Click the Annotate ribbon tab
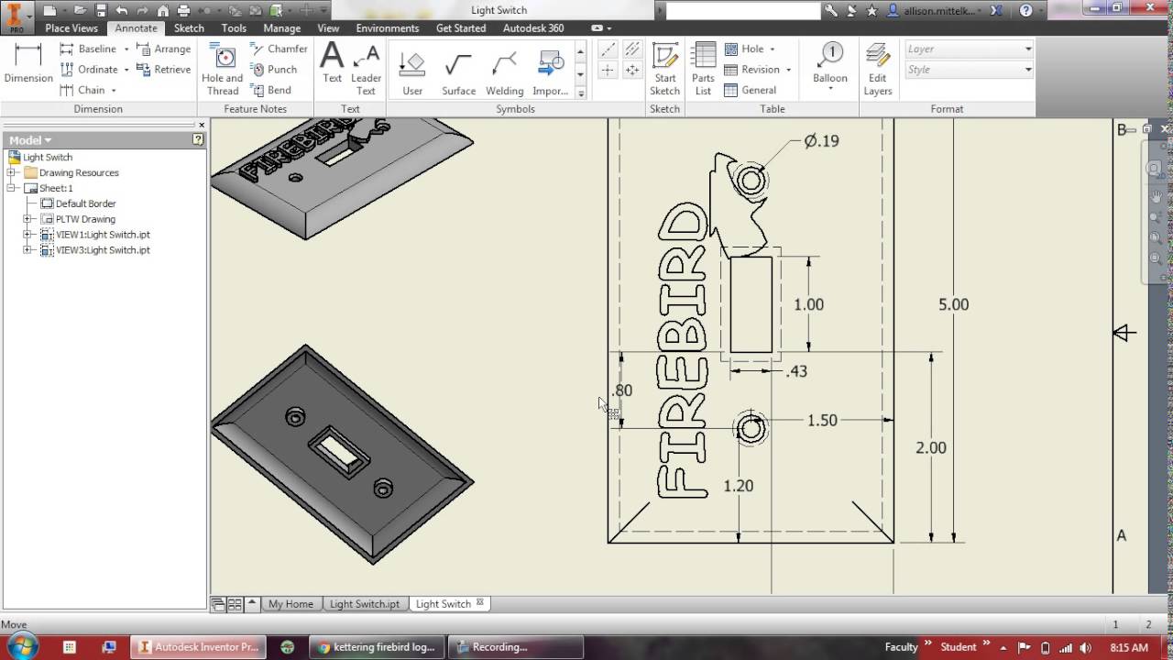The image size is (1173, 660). (136, 28)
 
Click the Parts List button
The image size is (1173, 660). (703, 68)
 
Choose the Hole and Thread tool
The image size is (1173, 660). (223, 68)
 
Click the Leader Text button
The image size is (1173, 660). (366, 68)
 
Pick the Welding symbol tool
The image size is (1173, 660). (504, 72)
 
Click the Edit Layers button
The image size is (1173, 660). (877, 68)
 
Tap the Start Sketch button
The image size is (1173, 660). (664, 68)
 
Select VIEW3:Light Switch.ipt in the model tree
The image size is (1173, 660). (103, 250)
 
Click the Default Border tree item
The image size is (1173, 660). (85, 203)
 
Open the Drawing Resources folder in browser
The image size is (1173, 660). (79, 172)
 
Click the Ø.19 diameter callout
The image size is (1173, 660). (821, 141)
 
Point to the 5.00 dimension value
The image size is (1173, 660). (953, 304)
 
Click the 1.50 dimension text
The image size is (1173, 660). (821, 420)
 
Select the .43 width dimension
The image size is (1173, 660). (796, 371)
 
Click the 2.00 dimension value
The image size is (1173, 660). (931, 447)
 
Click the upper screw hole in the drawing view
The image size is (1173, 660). (751, 181)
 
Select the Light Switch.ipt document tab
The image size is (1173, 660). (364, 604)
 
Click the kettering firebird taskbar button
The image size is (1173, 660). (377, 647)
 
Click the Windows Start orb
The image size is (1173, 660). (22, 646)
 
